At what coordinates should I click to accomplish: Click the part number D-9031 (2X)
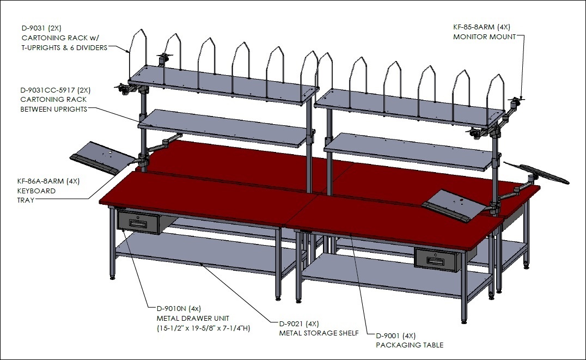coord(41,28)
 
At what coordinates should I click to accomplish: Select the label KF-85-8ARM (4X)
coord(481,27)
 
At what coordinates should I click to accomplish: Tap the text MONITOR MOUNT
coord(484,36)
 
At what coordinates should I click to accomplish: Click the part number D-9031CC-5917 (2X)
coord(56,90)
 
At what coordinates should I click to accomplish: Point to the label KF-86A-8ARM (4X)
coord(48,181)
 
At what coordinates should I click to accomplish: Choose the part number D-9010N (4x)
coord(179,309)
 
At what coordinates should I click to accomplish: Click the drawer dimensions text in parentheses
coord(203,328)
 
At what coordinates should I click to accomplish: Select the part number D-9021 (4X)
coord(299,324)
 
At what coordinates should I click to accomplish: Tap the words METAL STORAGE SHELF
coord(319,333)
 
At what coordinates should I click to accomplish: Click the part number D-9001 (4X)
coord(395,335)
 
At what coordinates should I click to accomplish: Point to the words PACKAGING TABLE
coord(410,345)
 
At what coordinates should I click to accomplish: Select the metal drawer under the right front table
coord(436,259)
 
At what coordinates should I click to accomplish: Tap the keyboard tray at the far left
coord(100,157)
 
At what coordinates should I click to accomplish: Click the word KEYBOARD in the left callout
coord(36,191)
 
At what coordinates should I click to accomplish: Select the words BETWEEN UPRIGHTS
coord(54,109)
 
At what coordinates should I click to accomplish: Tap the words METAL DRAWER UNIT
coord(193,319)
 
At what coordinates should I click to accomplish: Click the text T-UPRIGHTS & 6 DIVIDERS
coord(64,47)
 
